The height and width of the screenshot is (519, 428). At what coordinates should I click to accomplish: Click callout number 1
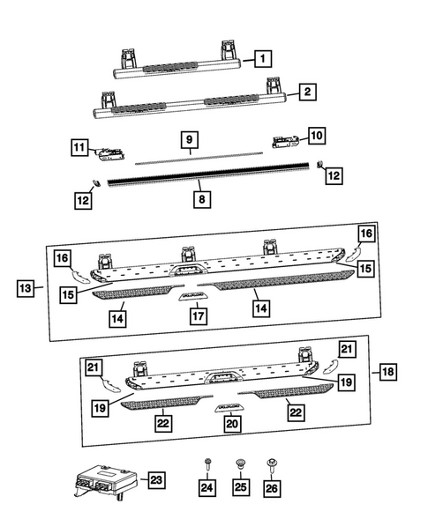click(262, 58)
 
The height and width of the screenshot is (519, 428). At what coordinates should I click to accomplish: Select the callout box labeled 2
click(306, 91)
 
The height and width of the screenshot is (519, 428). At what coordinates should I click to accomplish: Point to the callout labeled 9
click(188, 140)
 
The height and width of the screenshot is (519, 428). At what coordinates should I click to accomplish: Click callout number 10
click(315, 135)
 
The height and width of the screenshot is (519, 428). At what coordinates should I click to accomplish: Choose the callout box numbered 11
click(80, 146)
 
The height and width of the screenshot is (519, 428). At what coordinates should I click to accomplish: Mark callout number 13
click(26, 287)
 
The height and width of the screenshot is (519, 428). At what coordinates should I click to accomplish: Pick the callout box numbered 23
click(155, 479)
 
